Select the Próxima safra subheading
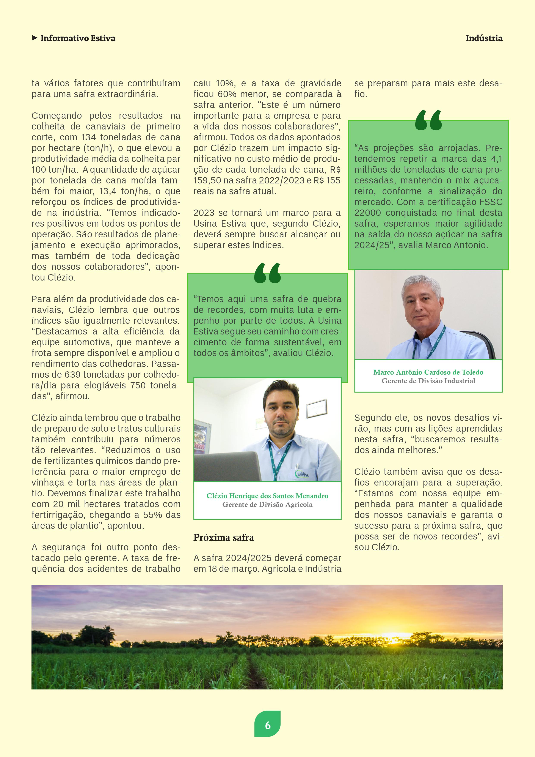pyautogui.click(x=223, y=538)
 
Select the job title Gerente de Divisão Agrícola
pyautogui.click(x=267, y=505)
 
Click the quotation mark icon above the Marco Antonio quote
pyautogui.click(x=428, y=120)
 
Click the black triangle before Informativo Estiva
pyautogui.click(x=35, y=38)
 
